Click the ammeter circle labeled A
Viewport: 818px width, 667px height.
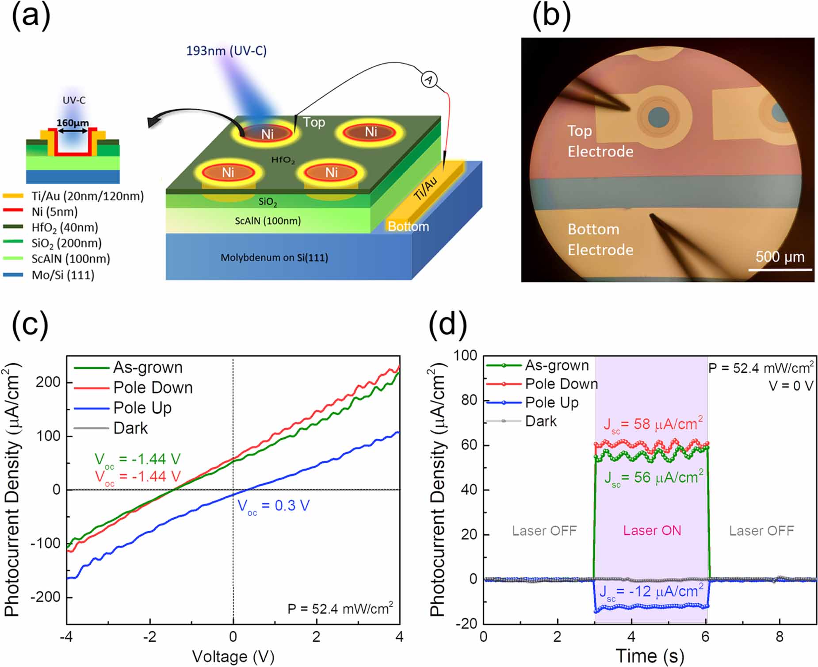point(428,79)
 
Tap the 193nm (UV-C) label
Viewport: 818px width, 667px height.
point(226,51)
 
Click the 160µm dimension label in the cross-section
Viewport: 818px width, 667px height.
point(73,123)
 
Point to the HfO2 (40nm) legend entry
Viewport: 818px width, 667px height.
point(64,228)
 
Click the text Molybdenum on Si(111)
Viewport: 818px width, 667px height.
point(274,257)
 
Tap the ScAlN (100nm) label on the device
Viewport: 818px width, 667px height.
point(268,221)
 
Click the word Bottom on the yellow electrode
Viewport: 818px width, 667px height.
point(408,226)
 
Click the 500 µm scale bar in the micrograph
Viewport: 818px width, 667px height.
point(780,269)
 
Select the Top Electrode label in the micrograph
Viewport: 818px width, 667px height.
point(600,141)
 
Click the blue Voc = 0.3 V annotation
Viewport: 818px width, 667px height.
point(274,506)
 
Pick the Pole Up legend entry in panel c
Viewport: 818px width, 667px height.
point(142,408)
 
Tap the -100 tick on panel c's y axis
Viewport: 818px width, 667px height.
point(45,543)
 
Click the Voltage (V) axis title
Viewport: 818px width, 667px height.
point(233,656)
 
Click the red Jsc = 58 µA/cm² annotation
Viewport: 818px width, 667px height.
point(653,424)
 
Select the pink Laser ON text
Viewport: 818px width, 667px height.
point(652,530)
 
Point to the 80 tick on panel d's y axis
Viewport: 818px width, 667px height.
point(468,400)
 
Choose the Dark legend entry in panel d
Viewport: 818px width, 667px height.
point(540,421)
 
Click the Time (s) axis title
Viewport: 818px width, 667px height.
point(650,655)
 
